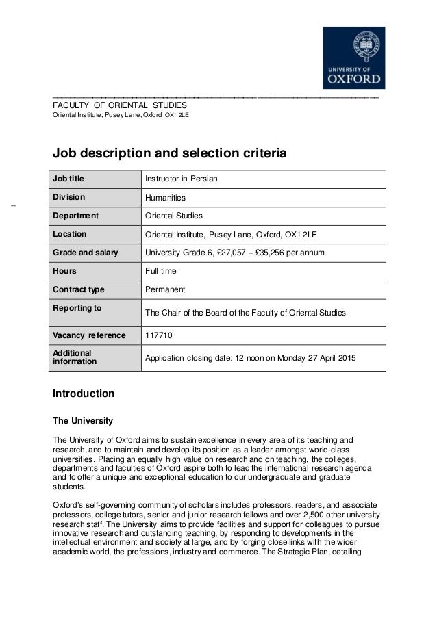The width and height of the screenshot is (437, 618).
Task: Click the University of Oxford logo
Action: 354,57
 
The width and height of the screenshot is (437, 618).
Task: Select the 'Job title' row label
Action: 71,179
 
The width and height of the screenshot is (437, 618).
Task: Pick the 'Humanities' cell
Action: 166,198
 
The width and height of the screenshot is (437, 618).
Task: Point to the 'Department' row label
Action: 76,216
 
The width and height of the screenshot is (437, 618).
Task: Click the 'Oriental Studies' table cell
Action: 174,216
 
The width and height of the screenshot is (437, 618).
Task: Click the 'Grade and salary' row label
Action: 86,253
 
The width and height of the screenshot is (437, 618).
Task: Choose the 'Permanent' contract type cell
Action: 166,289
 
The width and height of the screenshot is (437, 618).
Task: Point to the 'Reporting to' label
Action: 77,308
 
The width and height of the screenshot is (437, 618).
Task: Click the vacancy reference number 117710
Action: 160,335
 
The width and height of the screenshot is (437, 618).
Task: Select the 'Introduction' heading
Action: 84,394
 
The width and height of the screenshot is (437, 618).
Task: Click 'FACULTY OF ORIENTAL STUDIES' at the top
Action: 121,105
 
